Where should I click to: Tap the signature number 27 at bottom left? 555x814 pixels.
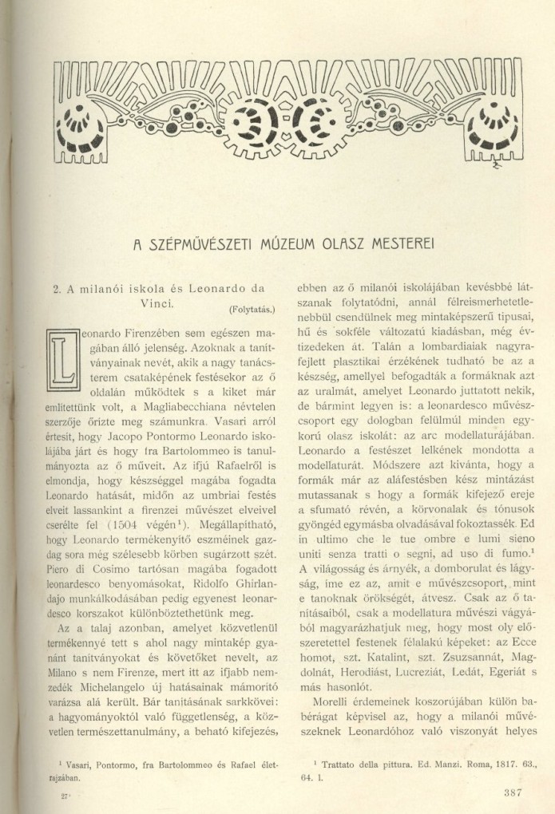tap(51, 795)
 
